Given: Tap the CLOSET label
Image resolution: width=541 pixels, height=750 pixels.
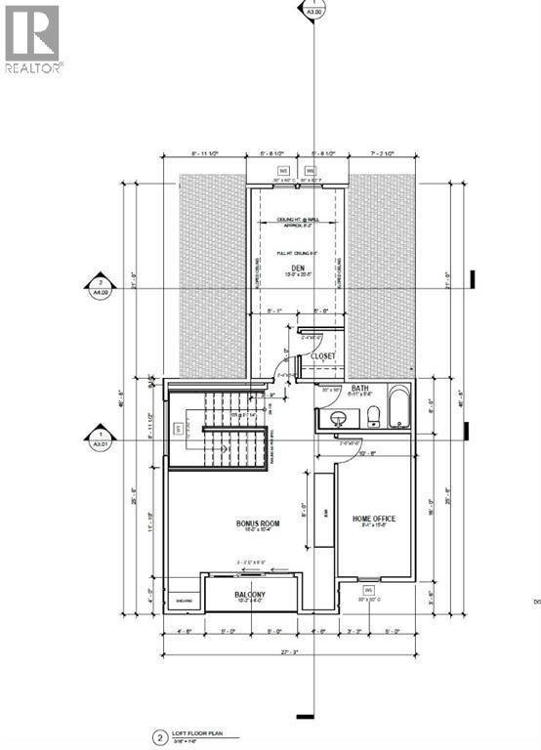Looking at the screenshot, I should click(x=323, y=356).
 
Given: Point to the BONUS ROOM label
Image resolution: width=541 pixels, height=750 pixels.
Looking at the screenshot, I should click(x=258, y=523).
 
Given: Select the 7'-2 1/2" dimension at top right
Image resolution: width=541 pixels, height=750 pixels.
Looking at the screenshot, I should click(x=382, y=154).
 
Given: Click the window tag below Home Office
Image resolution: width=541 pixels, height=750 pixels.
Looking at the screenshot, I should click(x=368, y=591).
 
